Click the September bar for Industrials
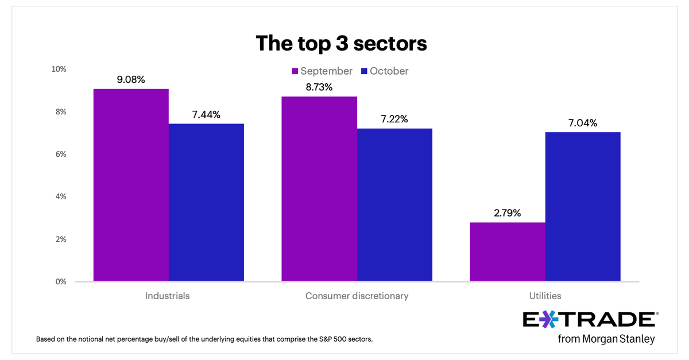[x=131, y=185]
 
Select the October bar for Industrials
[x=206, y=202]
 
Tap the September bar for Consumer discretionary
[x=319, y=189]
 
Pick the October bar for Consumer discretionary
[x=394, y=204]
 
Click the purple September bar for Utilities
[x=508, y=251]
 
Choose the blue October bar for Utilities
[x=583, y=207]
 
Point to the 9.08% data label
[x=131, y=79]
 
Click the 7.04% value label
[x=583, y=123]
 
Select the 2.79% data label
[x=508, y=213]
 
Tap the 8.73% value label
[x=319, y=87]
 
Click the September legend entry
[x=322, y=71]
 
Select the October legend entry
[x=385, y=71]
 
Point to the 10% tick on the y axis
[x=59, y=69]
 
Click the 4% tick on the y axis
[x=61, y=196]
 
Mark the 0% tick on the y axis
[x=61, y=281]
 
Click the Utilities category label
[x=545, y=296]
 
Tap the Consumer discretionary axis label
[x=357, y=296]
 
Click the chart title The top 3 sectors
[x=341, y=44]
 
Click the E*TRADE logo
[x=589, y=320]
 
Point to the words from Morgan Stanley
[x=606, y=339]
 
